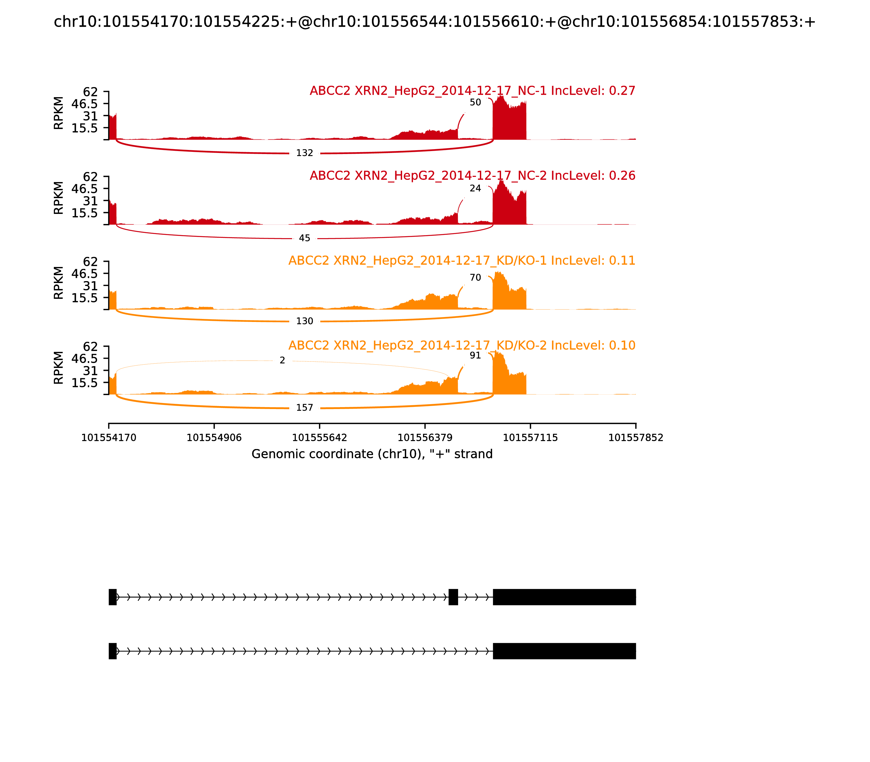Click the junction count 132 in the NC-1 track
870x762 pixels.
(304, 153)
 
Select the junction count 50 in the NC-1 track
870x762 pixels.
(475, 103)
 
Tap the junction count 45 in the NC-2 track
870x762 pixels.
(304, 238)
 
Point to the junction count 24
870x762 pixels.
(475, 188)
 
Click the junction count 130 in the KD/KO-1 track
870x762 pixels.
(304, 321)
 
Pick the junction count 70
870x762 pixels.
(475, 278)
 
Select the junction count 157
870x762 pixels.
(304, 408)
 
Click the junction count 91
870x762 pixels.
(475, 355)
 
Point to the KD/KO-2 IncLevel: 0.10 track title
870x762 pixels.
(461, 345)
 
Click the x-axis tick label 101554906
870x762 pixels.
(214, 438)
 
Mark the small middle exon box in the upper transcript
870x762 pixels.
(453, 597)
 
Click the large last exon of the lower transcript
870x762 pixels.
(564, 651)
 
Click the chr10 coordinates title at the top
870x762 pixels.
(434, 22)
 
